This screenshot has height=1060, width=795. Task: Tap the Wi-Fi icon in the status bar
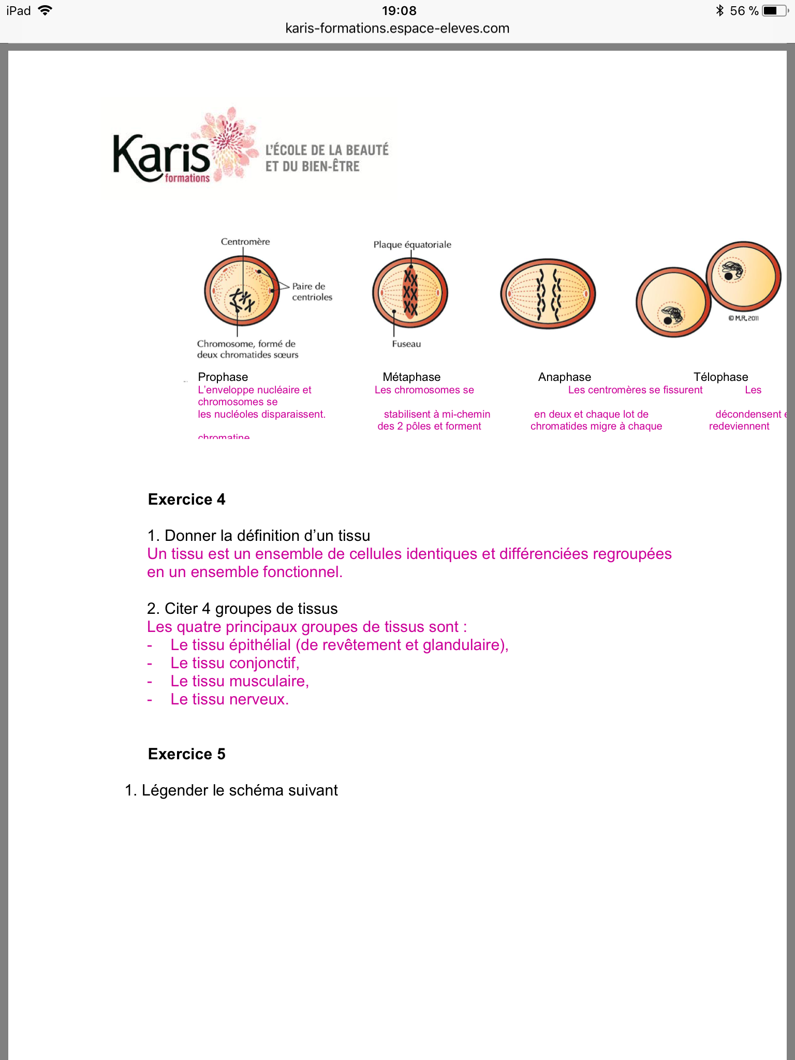tap(46, 10)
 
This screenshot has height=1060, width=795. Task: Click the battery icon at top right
tap(775, 10)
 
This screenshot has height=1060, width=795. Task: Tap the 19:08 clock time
tap(399, 10)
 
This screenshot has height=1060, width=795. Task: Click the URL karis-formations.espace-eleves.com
tap(397, 28)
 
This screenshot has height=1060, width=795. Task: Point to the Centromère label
tap(245, 242)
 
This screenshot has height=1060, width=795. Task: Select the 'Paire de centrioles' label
tap(312, 291)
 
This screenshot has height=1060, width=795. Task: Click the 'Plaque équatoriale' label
tap(412, 245)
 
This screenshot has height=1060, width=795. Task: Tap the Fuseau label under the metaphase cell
tap(406, 344)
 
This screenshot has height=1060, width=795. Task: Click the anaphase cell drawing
tap(548, 293)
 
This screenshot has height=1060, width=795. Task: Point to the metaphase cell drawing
tap(410, 293)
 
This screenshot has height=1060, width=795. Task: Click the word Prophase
tap(223, 377)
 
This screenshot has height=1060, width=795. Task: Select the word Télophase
tap(720, 377)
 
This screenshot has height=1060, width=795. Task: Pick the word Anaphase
tap(564, 377)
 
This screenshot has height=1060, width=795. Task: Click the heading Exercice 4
tap(186, 499)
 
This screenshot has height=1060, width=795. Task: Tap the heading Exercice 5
tap(186, 754)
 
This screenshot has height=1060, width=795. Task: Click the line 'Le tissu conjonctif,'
tap(234, 663)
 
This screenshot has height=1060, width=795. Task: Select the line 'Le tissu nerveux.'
tap(229, 699)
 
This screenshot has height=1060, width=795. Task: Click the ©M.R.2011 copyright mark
tap(743, 318)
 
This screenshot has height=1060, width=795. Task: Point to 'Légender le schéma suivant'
tap(239, 790)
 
